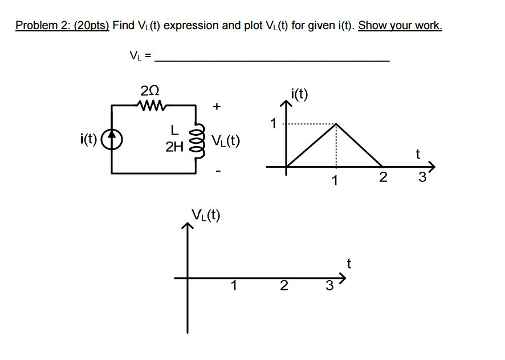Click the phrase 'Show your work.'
coord(400,26)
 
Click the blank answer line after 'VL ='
coord(272,59)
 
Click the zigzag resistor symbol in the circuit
coord(150,105)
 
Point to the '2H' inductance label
coord(174,148)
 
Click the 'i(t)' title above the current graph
coord(299,94)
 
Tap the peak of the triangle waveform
coord(336,124)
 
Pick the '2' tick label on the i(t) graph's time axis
coord(383,177)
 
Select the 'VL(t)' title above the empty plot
coord(206,216)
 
